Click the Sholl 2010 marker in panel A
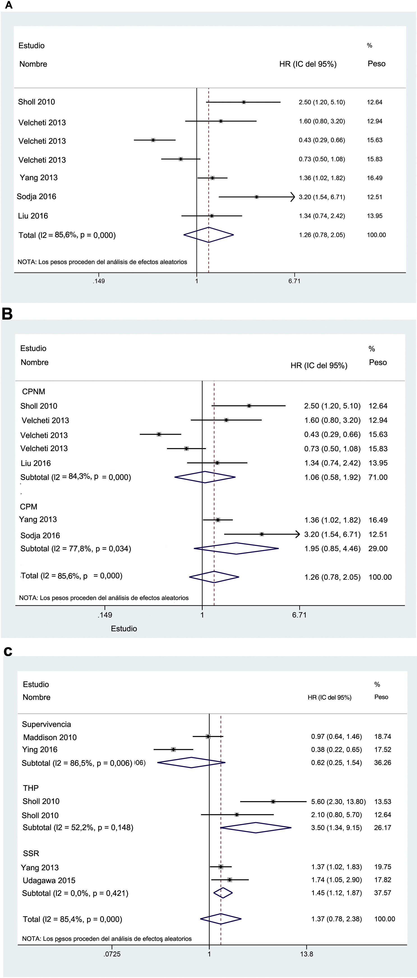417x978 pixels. (x=244, y=102)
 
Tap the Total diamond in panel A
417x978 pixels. (x=208, y=235)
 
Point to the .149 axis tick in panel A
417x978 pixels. (x=99, y=281)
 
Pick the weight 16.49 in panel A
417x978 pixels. (x=374, y=178)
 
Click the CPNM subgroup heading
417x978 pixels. (x=33, y=391)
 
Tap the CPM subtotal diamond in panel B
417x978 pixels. (x=236, y=548)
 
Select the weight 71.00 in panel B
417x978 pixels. (x=378, y=477)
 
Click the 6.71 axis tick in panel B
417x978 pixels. (x=299, y=615)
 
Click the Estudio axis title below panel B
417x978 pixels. (x=124, y=628)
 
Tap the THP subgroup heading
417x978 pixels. (x=31, y=788)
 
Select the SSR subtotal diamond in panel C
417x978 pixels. (x=223, y=893)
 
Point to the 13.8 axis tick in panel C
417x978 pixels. (x=306, y=954)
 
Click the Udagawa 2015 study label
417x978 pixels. (x=49, y=880)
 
